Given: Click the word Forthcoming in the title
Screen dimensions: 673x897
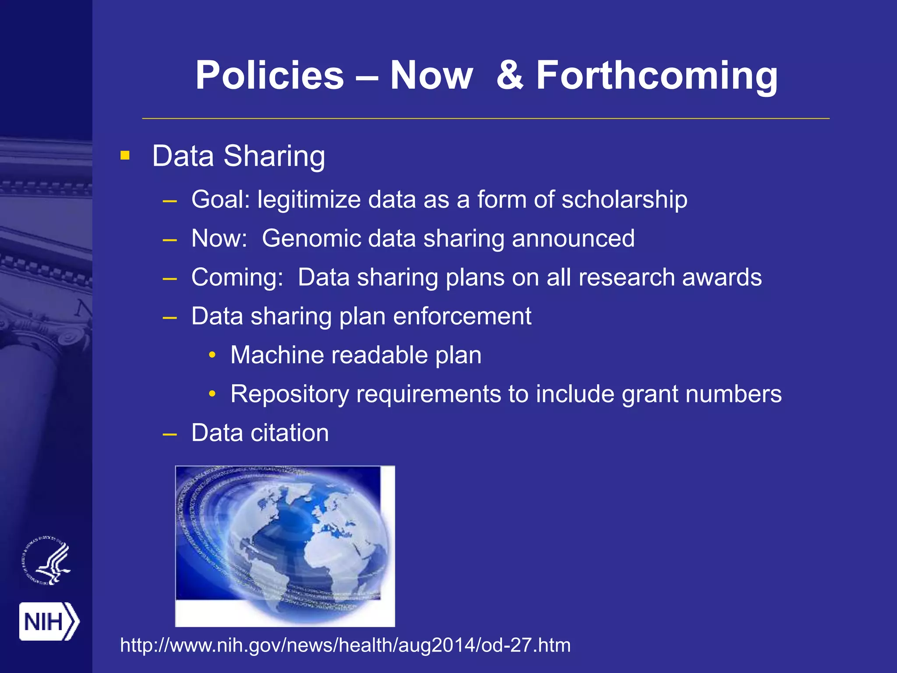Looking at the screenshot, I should (x=657, y=76).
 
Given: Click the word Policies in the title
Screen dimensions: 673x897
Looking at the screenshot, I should (x=269, y=76).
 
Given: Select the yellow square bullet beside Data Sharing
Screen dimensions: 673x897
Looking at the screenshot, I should (x=125, y=156).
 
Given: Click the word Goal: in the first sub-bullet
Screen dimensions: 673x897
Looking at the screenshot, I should (x=220, y=200).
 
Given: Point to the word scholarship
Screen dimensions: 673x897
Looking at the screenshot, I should (x=624, y=200).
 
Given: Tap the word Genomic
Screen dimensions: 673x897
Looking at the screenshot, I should (x=311, y=239).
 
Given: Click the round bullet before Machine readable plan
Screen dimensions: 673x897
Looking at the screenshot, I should (x=212, y=355).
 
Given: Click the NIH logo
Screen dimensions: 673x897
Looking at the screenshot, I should (x=49, y=621).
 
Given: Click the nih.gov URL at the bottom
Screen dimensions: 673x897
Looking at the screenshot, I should (x=345, y=645).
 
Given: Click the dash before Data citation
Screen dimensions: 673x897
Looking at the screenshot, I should (x=170, y=434).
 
